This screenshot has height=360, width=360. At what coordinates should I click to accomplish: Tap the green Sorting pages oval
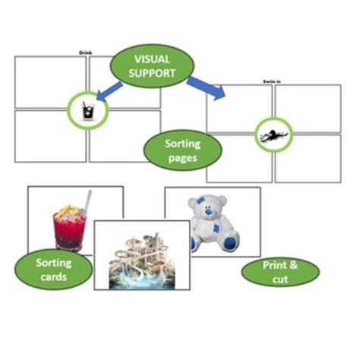coord(182,150)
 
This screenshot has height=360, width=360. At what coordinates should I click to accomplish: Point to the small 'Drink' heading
coord(86,52)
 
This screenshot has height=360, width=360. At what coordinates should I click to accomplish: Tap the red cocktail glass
coord(70,228)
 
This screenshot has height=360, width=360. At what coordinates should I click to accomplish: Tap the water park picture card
coord(141,255)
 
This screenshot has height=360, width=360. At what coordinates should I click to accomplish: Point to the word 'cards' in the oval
coord(53,277)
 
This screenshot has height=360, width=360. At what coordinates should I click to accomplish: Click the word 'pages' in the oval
coord(182,158)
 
